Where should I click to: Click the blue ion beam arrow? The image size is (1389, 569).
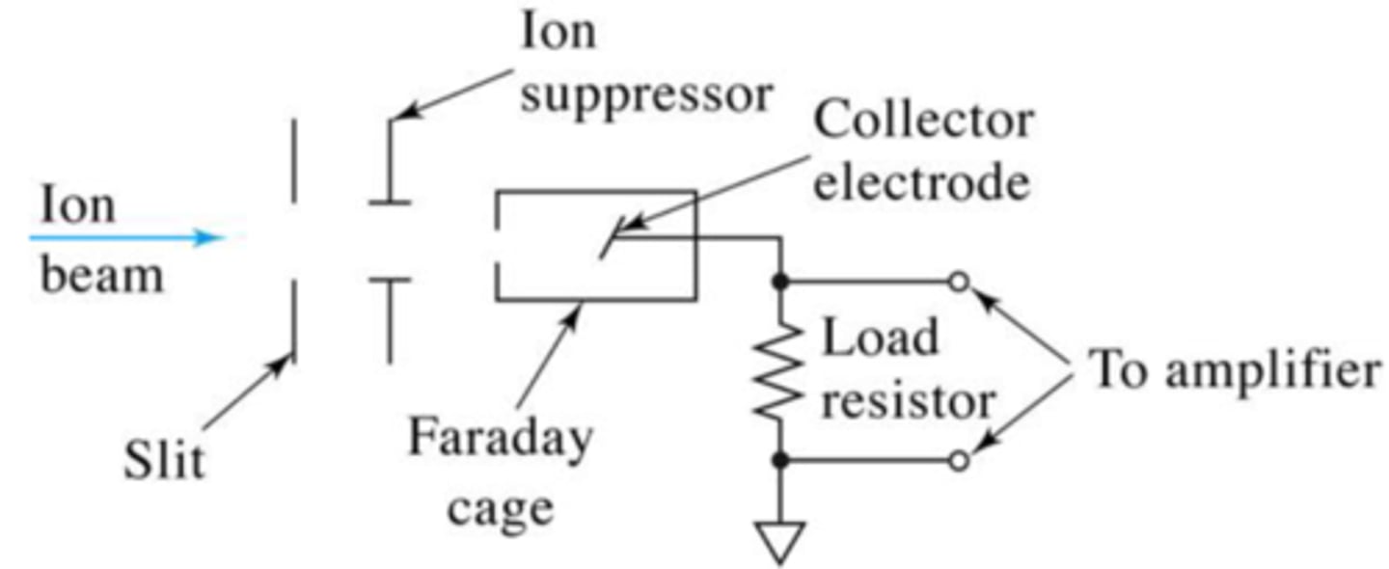[125, 237]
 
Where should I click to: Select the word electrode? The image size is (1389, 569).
[921, 182]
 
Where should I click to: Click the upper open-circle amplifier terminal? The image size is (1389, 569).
[957, 283]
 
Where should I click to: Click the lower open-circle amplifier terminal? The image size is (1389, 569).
[957, 462]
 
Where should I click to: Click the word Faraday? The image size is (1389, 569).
[499, 440]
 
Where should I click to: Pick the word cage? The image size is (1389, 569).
[501, 507]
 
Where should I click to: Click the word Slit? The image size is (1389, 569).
[164, 462]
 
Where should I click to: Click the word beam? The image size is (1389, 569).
[101, 277]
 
